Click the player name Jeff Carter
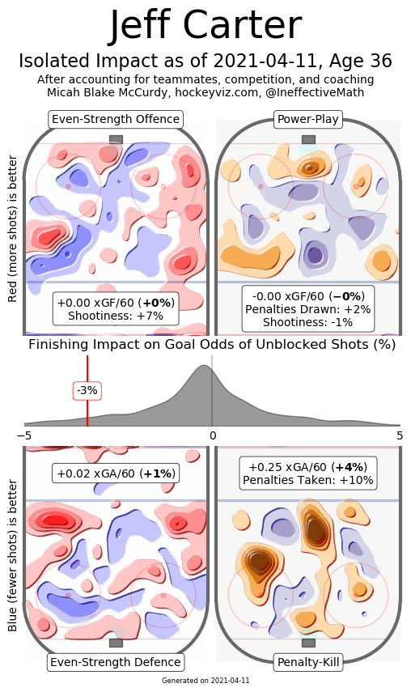coord(205,26)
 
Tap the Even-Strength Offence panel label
coord(116,119)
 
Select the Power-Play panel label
coord(307,119)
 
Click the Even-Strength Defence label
coord(116,662)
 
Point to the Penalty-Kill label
coord(308,662)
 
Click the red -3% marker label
coord(87,391)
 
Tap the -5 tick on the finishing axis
coord(24,435)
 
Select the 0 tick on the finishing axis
coord(213,435)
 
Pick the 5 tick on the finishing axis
coord(400,435)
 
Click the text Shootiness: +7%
coord(116,316)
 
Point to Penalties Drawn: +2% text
coord(307,309)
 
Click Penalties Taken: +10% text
coord(307,480)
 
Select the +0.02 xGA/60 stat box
coord(116,473)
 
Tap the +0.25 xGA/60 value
coord(287,467)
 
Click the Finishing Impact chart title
coord(212,344)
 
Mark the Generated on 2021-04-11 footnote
coord(205,680)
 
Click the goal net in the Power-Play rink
coord(309,139)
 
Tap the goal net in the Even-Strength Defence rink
coord(116,643)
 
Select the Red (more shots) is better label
coord(12,228)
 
